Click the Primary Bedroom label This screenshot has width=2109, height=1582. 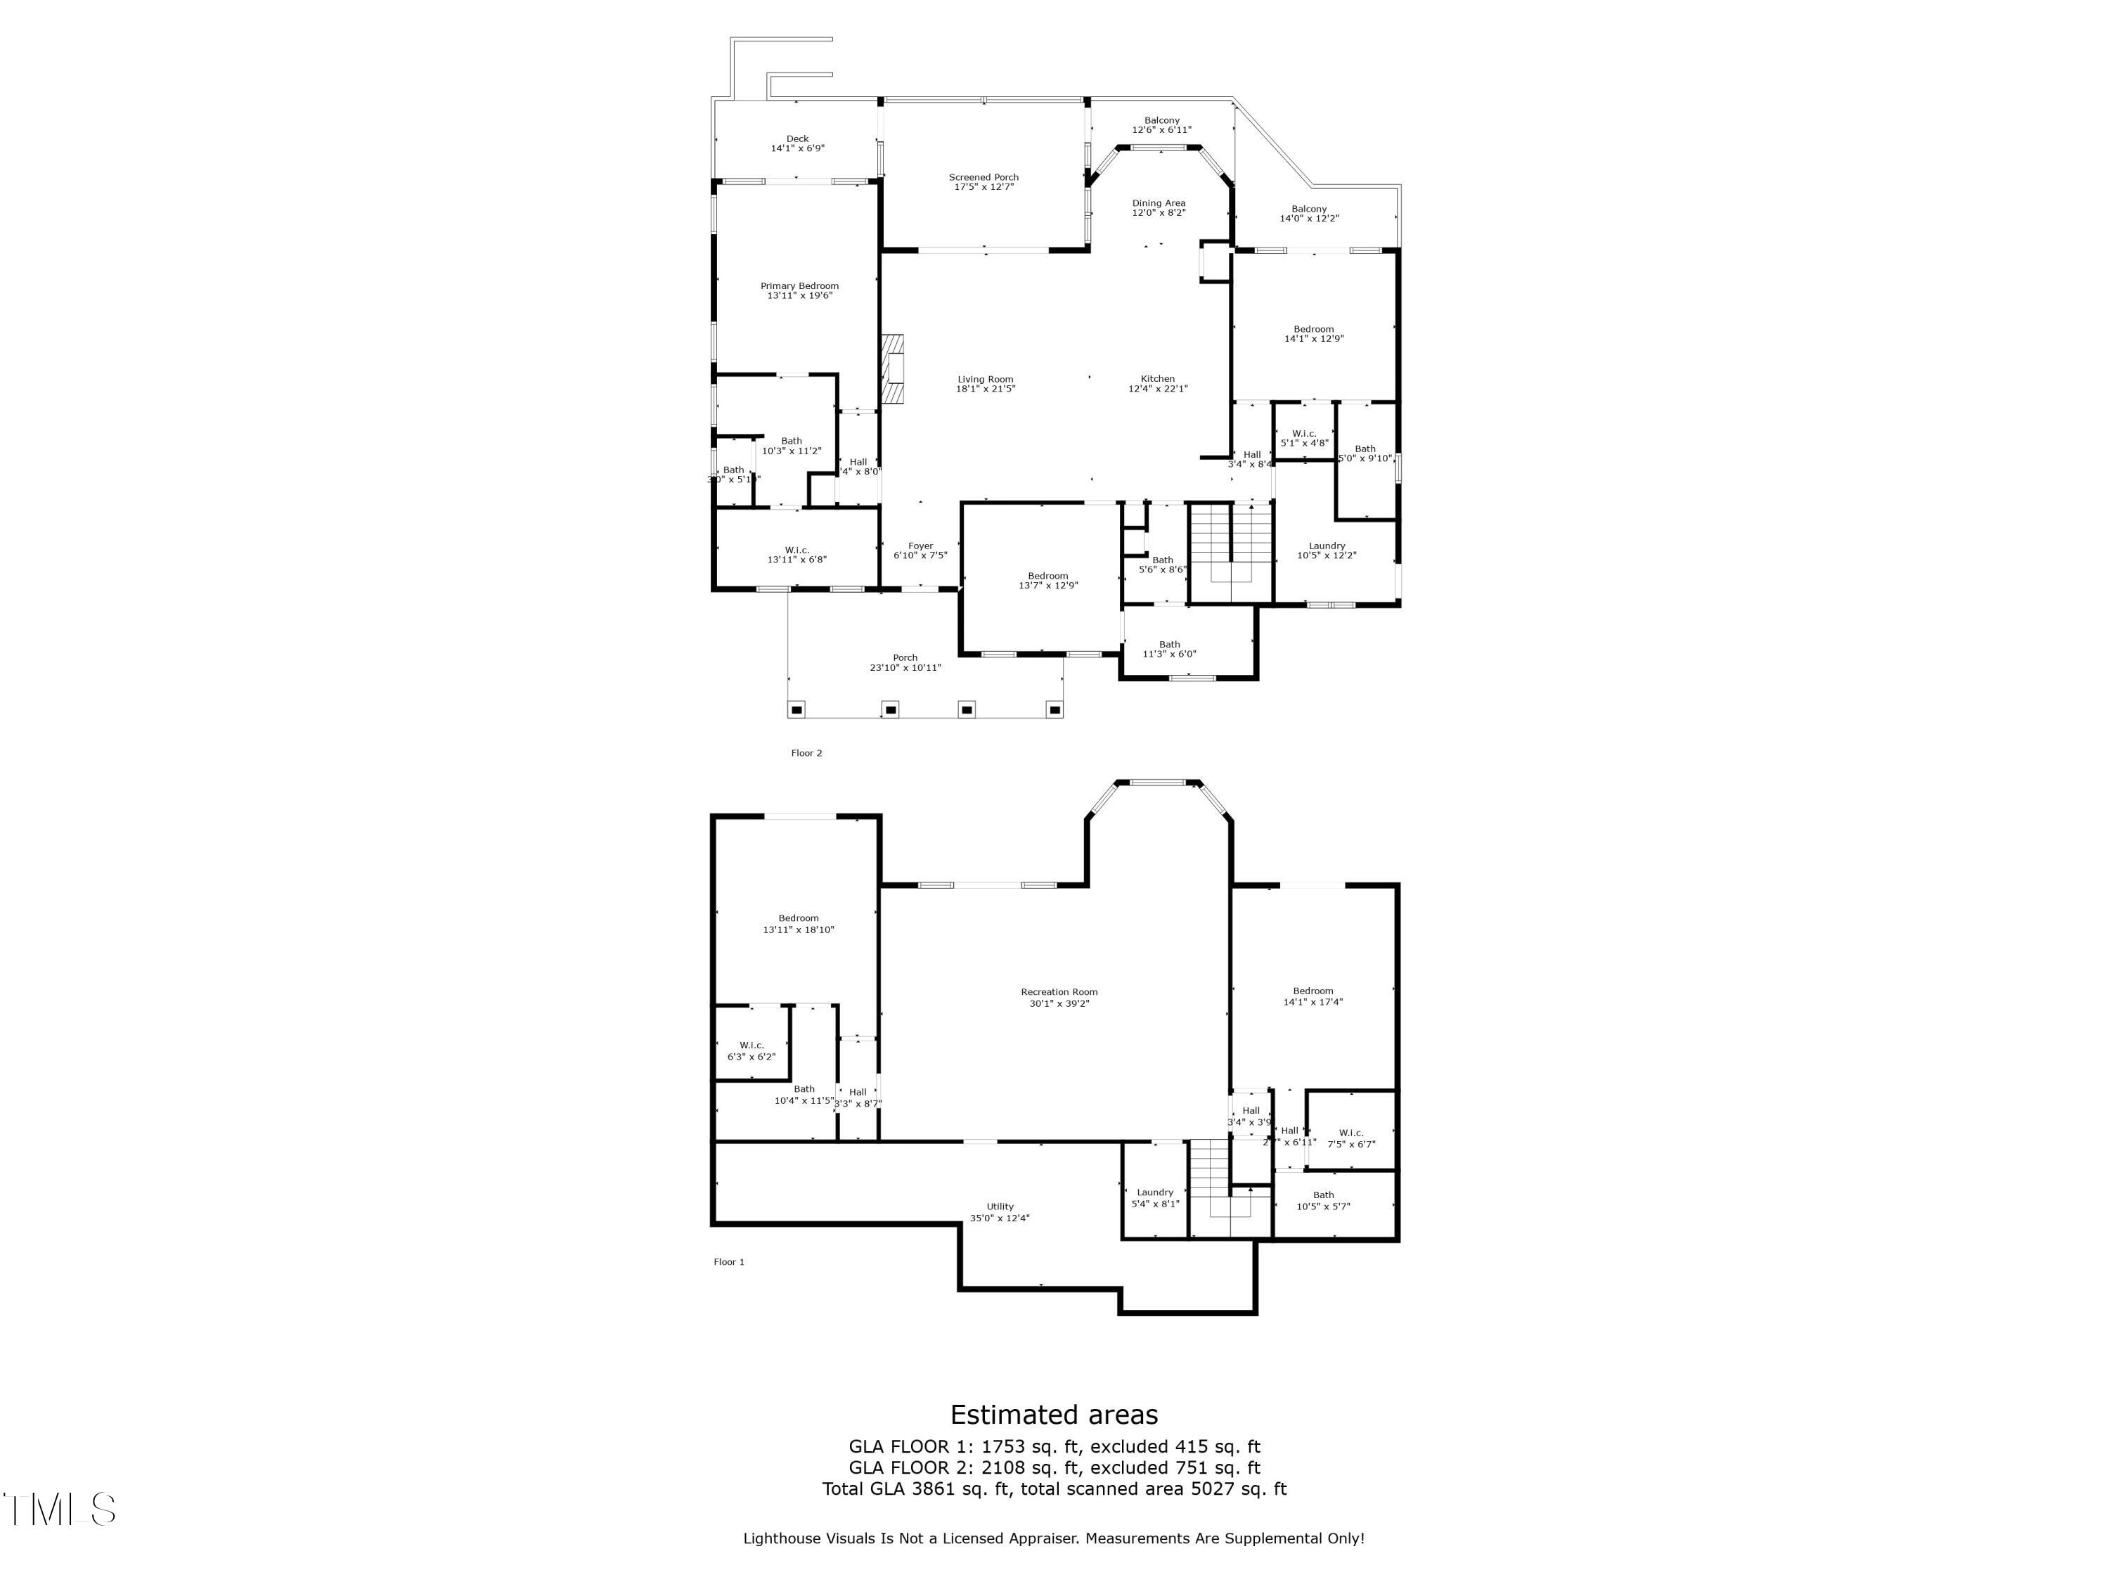click(799, 286)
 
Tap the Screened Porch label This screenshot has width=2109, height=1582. click(983, 177)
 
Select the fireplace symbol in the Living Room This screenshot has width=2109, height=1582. click(891, 369)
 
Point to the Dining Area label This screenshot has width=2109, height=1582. click(1159, 203)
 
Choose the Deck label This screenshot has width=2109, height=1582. click(797, 139)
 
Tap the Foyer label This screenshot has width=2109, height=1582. click(920, 546)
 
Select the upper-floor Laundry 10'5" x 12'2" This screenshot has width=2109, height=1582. click(1327, 551)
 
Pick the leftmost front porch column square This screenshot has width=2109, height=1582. click(797, 709)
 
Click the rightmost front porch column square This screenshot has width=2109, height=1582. click(1054, 709)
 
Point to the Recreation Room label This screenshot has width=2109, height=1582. click(1058, 991)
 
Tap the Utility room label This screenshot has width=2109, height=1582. click(999, 1207)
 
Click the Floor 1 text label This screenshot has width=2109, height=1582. click(728, 1261)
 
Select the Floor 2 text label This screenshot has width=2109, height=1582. click(806, 753)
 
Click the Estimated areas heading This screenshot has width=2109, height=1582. click(1054, 1414)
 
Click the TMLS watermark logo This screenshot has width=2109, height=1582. click(59, 1509)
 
